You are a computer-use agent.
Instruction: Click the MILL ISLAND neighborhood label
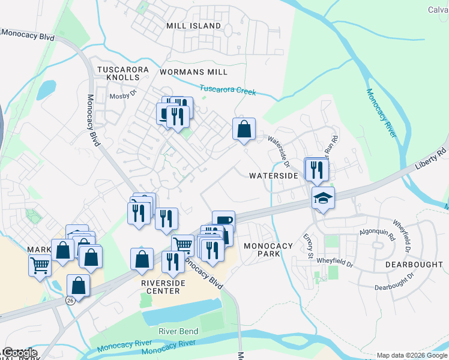(x=194, y=26)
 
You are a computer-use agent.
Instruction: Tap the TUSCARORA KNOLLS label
(x=123, y=74)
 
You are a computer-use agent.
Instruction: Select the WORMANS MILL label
(x=193, y=71)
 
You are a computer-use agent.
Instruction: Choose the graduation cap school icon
(x=323, y=198)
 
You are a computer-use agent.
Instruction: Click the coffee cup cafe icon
(x=223, y=221)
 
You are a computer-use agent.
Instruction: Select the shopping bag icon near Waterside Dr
(x=244, y=129)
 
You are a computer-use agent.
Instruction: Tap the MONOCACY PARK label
(x=268, y=250)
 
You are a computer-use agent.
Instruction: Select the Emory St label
(x=308, y=246)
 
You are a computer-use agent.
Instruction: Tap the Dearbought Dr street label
(x=394, y=281)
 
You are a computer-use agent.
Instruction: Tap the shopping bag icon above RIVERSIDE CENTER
(x=142, y=259)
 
